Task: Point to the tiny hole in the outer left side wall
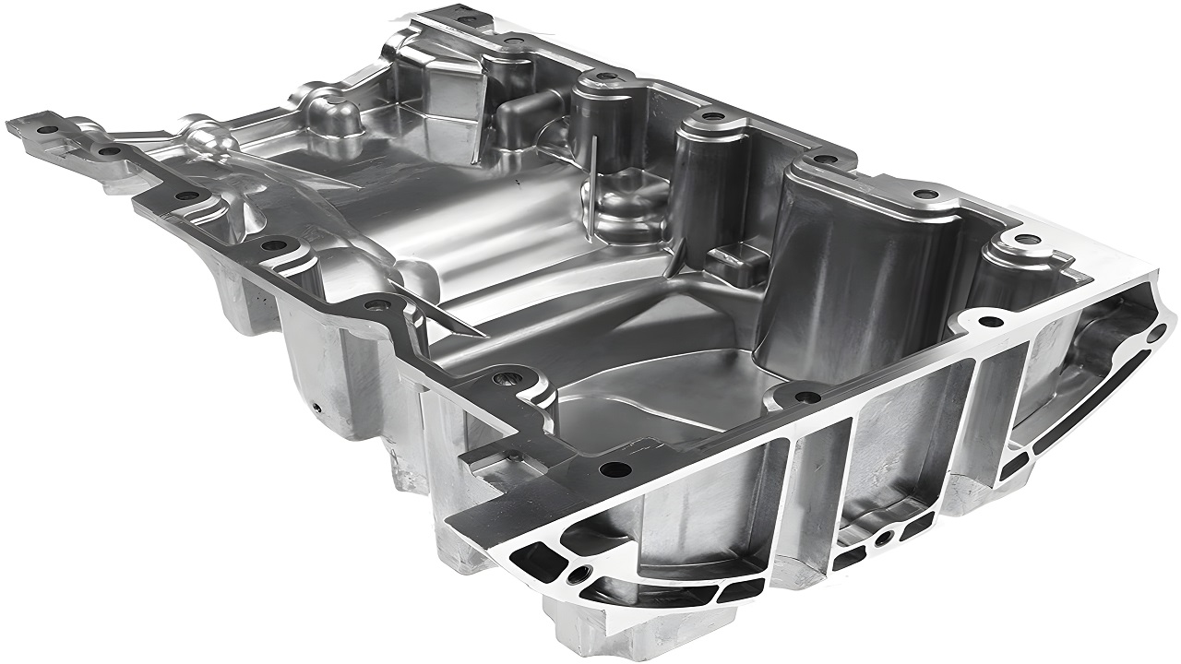(x=316, y=406)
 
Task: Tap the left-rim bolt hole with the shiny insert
(x=506, y=377)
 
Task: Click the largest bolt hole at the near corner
(x=615, y=469)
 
